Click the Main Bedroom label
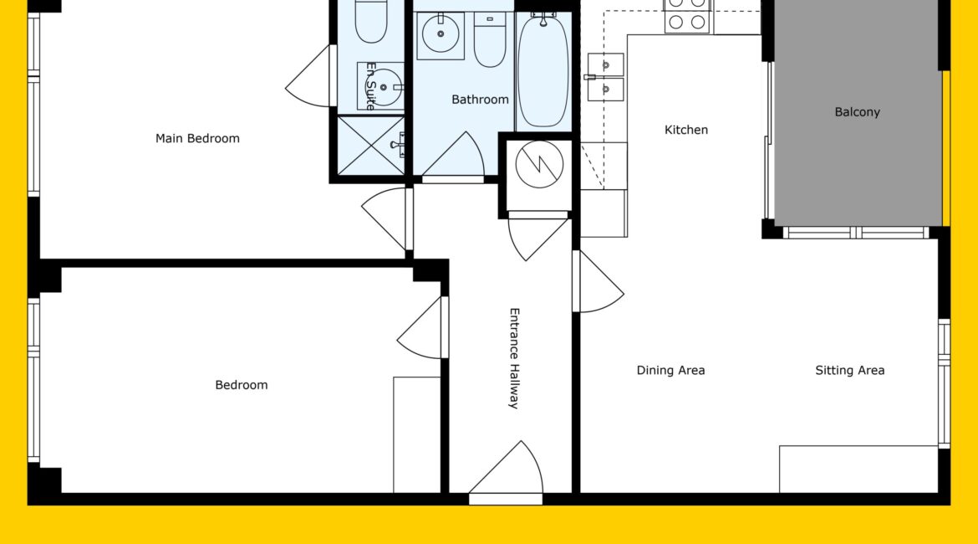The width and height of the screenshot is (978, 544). [x=197, y=139]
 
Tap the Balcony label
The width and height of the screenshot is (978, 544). [x=857, y=112]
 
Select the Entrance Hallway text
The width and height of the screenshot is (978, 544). [x=515, y=358]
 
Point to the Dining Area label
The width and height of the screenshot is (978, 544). [x=670, y=371]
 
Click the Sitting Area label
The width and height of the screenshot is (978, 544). [x=849, y=371]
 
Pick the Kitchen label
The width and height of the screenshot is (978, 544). [x=686, y=130]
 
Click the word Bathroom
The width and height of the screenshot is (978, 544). [x=480, y=100]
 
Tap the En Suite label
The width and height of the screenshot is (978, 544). [x=370, y=86]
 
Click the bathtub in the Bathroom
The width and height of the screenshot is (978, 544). [x=543, y=70]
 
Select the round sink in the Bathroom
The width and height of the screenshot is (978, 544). [x=441, y=34]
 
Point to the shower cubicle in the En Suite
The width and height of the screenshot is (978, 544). [x=371, y=145]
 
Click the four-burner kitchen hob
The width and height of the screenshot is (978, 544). [x=687, y=16]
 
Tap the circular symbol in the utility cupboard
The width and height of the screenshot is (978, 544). [x=539, y=164]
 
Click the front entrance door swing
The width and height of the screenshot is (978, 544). [x=506, y=469]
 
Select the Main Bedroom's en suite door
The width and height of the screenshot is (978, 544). [x=309, y=76]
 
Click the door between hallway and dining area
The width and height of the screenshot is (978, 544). [x=598, y=282]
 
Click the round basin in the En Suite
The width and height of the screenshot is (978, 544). [x=382, y=86]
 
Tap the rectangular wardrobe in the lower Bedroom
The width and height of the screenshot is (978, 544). [x=416, y=434]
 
